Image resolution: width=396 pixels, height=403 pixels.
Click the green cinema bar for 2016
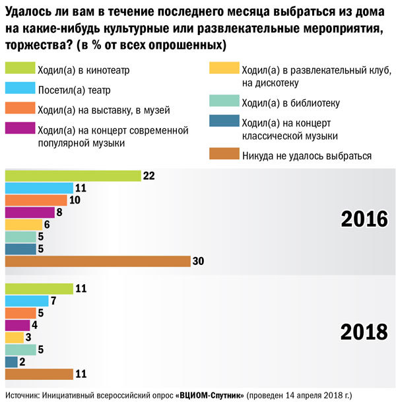73,176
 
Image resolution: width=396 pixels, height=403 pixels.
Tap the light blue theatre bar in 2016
39,188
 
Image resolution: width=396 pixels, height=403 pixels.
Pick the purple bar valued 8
30,212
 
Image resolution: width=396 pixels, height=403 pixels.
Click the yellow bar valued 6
24,225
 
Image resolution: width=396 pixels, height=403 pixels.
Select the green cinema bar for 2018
39,288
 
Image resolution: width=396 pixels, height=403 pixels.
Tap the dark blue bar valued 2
11,361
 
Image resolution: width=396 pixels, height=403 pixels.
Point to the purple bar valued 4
18,325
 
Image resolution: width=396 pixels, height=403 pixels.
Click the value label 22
150,176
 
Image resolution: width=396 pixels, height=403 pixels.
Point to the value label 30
198,261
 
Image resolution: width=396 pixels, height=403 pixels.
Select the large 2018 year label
364,332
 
